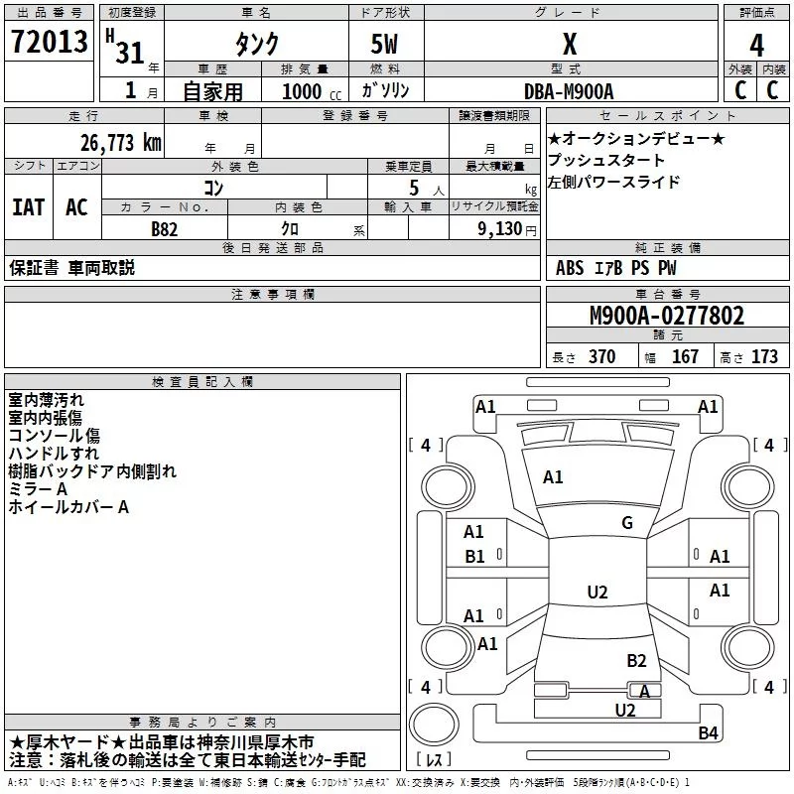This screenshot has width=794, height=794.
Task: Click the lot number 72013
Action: point(49,43)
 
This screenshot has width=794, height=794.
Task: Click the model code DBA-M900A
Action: point(569,90)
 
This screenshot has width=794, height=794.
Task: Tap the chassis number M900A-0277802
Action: point(667,317)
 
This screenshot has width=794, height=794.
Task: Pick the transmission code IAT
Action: point(28,206)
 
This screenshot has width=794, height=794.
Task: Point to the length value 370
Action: point(602,357)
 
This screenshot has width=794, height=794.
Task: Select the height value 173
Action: point(764,357)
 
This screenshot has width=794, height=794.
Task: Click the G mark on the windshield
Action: point(626,523)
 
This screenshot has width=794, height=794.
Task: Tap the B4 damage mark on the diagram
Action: point(708,733)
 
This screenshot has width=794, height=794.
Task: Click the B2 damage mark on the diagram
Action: point(636,660)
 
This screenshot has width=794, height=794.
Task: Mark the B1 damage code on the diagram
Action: point(474,557)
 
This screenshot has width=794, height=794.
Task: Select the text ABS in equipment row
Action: point(570,268)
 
